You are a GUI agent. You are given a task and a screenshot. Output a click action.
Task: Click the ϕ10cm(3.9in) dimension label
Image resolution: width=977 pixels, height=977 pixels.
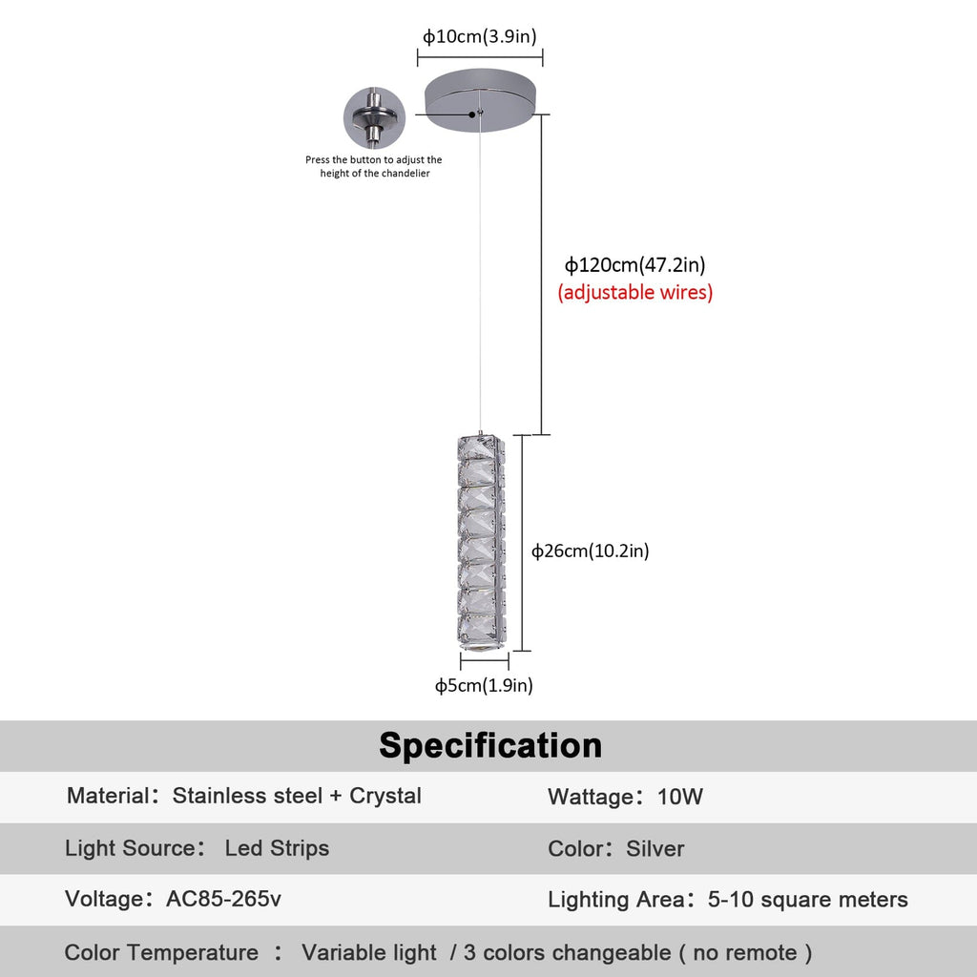point(480,37)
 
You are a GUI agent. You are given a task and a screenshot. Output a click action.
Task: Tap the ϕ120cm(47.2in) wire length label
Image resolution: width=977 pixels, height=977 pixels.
point(634,265)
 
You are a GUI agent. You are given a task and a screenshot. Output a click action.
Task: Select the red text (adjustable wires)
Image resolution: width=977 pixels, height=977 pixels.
point(634,293)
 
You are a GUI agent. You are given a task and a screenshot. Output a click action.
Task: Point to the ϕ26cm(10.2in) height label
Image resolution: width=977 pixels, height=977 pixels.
point(591,551)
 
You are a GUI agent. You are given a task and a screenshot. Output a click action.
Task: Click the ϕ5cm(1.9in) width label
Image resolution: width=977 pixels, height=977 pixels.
point(484,685)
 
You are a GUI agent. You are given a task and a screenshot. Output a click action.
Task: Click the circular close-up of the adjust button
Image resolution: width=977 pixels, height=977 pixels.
point(374,118)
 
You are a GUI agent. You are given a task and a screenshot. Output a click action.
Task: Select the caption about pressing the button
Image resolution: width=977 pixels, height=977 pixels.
point(374,167)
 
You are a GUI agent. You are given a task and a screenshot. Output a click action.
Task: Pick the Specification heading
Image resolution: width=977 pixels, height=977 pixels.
point(490,745)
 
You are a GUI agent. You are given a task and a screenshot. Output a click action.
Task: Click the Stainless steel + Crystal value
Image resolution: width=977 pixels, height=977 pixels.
point(297,796)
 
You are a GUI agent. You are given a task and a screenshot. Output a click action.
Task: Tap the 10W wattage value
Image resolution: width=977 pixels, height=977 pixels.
point(680,798)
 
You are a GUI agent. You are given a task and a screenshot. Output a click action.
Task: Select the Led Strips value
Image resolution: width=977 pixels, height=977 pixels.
point(277,848)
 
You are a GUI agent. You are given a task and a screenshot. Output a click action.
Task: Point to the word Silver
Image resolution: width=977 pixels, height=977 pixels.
point(655,849)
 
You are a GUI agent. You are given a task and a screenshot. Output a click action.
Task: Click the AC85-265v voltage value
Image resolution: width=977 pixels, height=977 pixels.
point(223,899)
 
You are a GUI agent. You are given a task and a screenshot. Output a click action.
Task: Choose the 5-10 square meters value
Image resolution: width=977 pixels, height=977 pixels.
point(808,900)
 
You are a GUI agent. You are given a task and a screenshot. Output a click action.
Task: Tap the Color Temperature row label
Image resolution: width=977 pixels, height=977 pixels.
point(161,952)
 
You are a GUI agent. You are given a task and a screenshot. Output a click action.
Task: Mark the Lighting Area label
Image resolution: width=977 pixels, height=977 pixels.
point(616,900)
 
